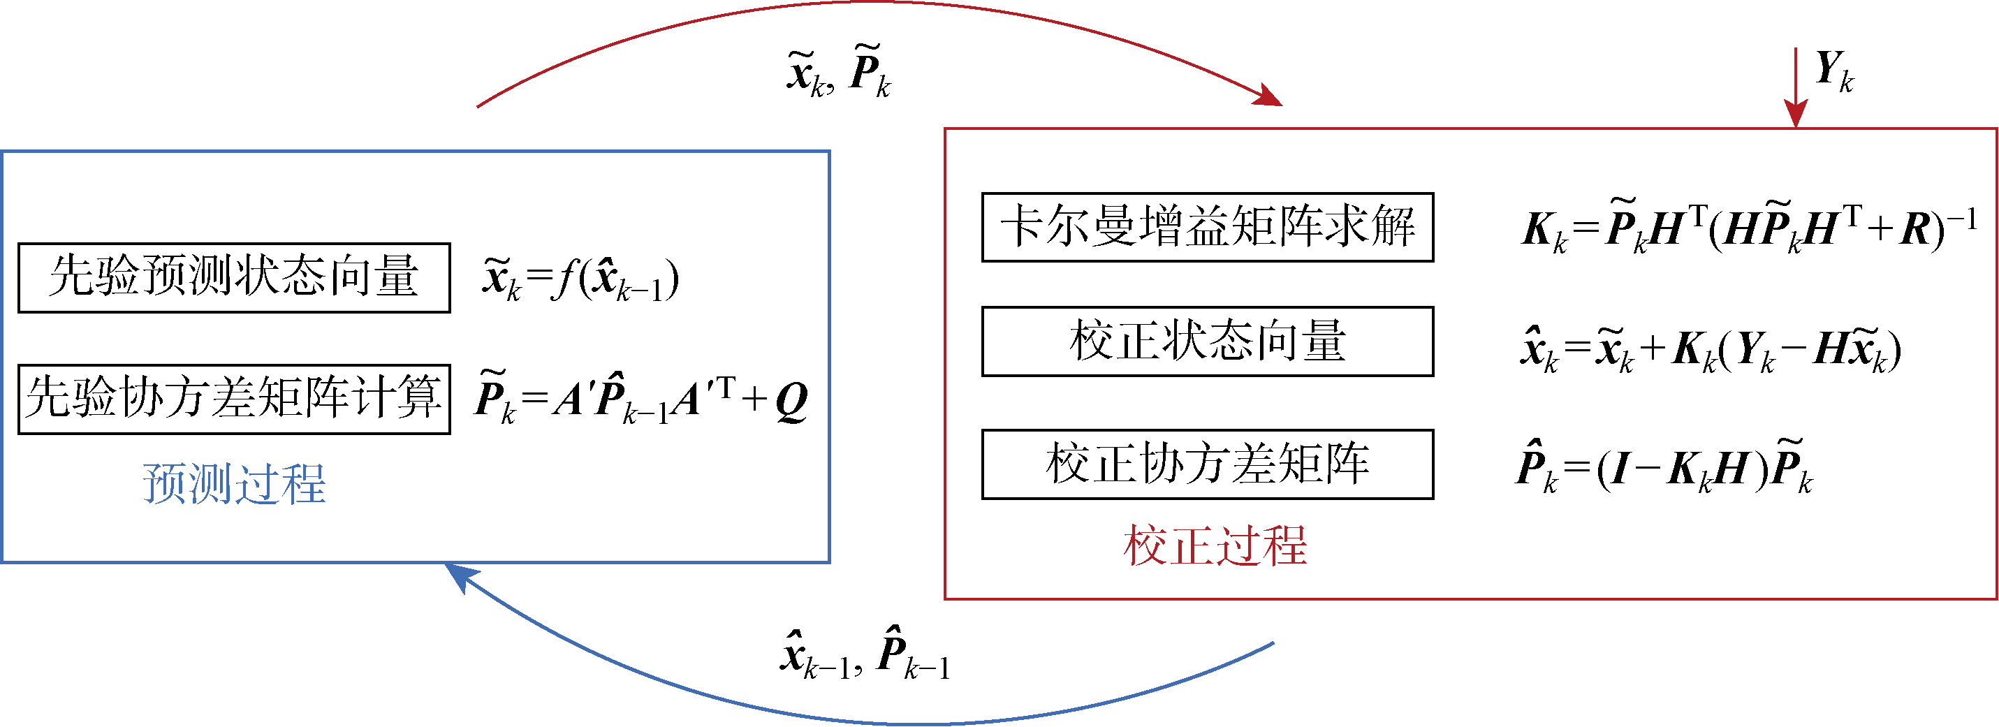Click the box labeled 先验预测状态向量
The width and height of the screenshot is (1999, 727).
(x=233, y=278)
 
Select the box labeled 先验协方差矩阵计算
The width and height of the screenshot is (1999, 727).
(x=233, y=399)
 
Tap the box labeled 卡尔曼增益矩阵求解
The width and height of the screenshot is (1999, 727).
(x=1207, y=228)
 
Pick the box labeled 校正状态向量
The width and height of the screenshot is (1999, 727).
(x=1207, y=342)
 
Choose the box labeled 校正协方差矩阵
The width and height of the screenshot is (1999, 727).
(x=1207, y=464)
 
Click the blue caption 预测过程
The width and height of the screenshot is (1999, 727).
(x=233, y=484)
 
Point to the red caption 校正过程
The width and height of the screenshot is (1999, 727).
(x=1215, y=545)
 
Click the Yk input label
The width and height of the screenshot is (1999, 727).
(x=1833, y=71)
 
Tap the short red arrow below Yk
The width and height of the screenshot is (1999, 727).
(x=1795, y=85)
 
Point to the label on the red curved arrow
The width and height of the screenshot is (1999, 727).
(x=838, y=71)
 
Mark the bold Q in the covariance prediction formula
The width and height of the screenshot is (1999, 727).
(x=791, y=401)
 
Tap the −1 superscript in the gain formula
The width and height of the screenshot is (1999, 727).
(x=1963, y=219)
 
